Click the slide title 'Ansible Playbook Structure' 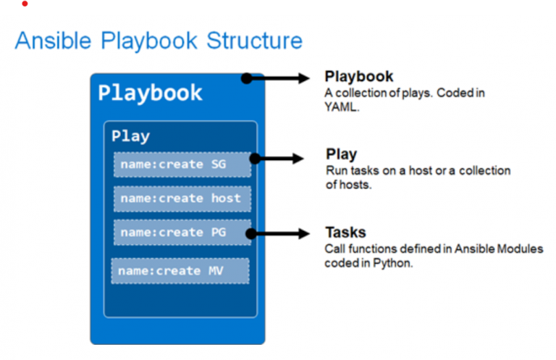click(x=159, y=41)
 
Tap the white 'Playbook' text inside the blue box click(x=150, y=93)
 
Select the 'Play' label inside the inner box click(x=130, y=136)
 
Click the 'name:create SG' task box click(x=182, y=164)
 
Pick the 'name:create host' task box click(x=182, y=198)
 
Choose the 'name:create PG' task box click(x=182, y=233)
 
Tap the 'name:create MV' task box click(x=180, y=271)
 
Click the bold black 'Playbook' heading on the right click(x=359, y=77)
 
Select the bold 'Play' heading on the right click(x=341, y=154)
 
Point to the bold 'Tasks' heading click(x=345, y=233)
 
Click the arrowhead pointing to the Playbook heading click(x=304, y=78)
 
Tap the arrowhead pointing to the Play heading click(x=300, y=158)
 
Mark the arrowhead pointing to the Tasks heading click(x=305, y=233)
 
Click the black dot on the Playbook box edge click(x=247, y=78)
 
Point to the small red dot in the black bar click(x=25, y=4)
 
